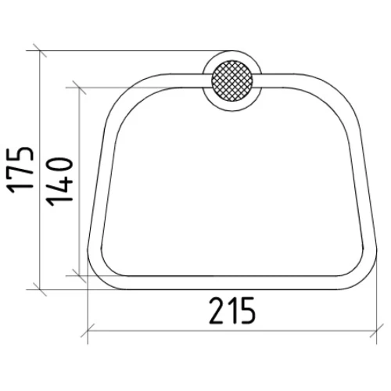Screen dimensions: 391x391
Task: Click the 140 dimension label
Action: pos(59,181)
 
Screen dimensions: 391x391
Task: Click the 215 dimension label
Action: pos(231,310)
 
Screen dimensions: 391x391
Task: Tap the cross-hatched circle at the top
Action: pos(232,81)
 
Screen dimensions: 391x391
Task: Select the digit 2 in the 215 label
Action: pos(217,310)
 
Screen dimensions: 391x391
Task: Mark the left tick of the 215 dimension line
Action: pos(88,331)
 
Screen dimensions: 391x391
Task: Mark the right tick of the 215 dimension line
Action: pos(377,331)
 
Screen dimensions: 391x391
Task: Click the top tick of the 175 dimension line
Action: pos(40,50)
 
